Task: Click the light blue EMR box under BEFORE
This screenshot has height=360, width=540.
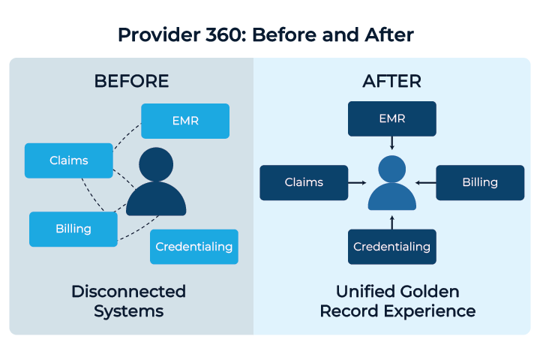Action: [185, 121]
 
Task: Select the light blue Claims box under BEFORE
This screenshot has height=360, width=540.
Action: [69, 160]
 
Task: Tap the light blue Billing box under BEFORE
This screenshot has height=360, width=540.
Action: [73, 229]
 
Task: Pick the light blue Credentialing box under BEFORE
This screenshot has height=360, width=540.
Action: [194, 247]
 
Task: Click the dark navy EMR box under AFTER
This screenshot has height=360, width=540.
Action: [392, 118]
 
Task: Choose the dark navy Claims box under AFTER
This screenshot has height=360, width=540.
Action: [304, 182]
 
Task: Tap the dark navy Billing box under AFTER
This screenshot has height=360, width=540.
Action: [481, 182]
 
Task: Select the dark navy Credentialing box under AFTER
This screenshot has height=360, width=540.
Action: [392, 247]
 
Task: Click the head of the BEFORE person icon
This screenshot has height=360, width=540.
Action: [156, 164]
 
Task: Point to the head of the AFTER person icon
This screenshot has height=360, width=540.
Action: [392, 169]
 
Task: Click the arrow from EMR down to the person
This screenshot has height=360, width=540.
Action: [392, 143]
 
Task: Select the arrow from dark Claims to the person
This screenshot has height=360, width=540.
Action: [357, 183]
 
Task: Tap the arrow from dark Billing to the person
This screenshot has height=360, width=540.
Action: [426, 183]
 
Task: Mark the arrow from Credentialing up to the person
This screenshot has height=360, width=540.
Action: [392, 223]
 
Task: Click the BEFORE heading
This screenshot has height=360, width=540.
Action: [131, 81]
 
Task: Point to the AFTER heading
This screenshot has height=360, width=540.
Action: [392, 81]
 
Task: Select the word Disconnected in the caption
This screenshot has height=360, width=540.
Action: [129, 292]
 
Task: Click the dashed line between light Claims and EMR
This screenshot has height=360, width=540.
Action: [126, 136]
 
